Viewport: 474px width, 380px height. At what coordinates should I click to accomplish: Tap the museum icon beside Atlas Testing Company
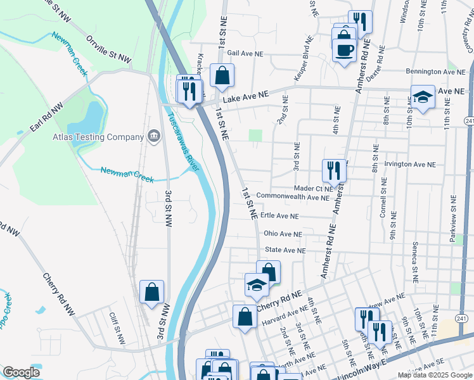pos(153,136)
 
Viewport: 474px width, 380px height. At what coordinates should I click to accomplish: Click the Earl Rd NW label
pos(46,118)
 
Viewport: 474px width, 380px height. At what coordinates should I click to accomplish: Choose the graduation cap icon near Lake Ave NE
pos(423,97)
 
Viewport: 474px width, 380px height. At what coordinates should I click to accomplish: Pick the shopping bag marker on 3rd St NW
pos(152,292)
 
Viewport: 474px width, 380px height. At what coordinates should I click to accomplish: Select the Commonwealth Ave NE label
pos(292,198)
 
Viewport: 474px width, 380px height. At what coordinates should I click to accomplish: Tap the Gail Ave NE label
pos(245,54)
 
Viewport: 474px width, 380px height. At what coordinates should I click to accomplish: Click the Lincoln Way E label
pos(364,364)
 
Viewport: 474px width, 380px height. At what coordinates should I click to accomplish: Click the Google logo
pos(22,372)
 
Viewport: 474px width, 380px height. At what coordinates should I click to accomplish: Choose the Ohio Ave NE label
pos(283,234)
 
